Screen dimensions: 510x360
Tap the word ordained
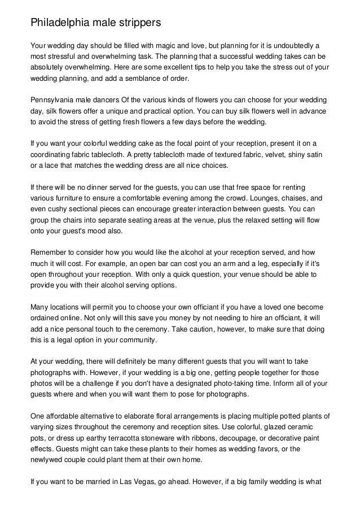[x=47, y=317]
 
